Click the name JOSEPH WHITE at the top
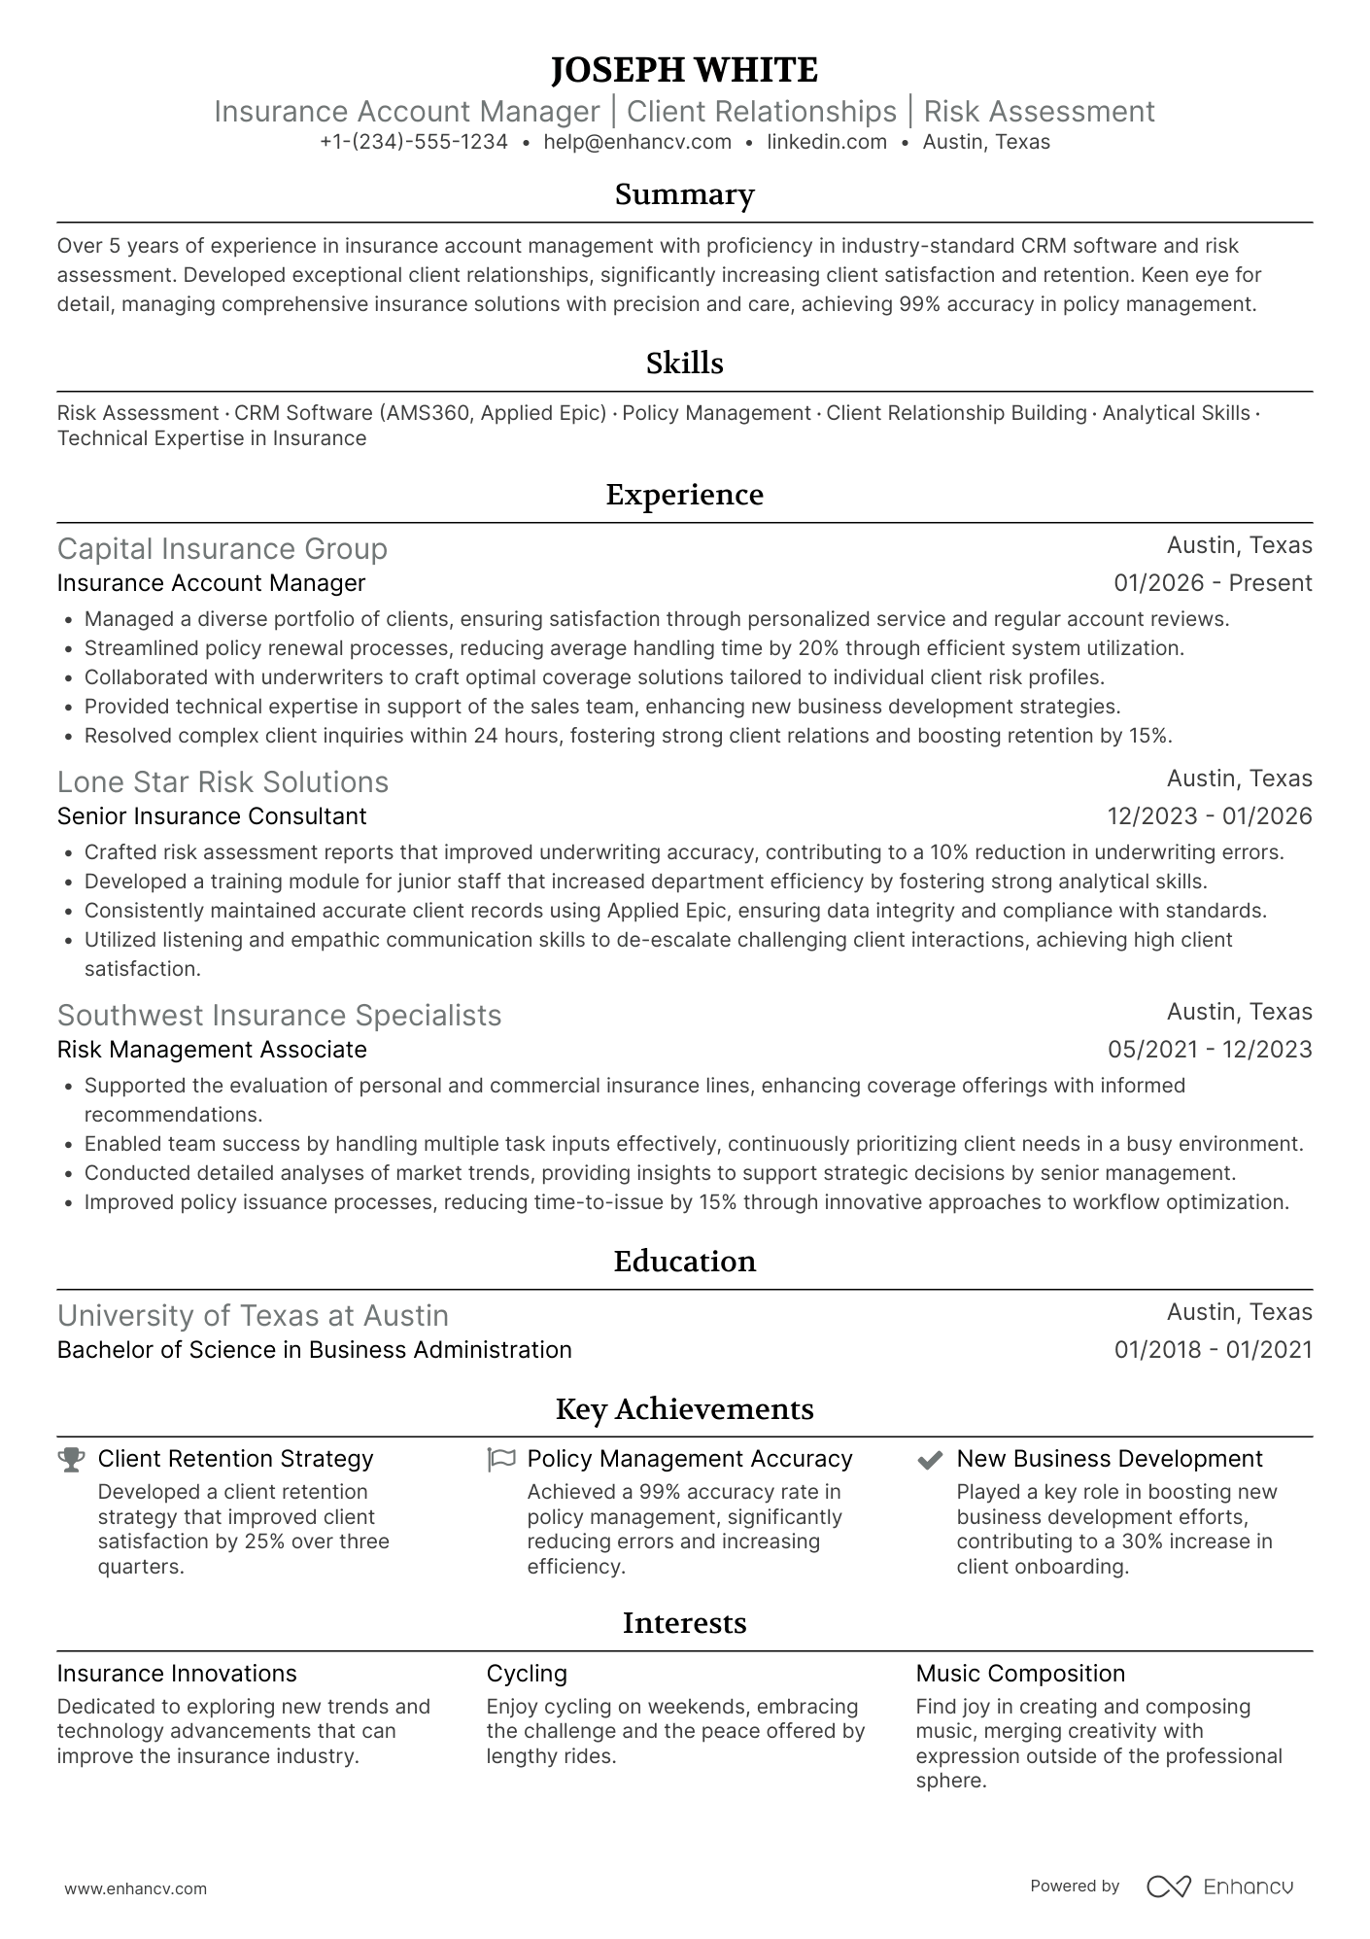coord(684,70)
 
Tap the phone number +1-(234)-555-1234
coord(414,142)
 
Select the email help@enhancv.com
coord(637,142)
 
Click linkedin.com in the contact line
coord(827,142)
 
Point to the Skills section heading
coord(684,364)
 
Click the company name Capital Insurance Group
coord(223,549)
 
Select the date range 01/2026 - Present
coord(1213,583)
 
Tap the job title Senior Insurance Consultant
coord(212,816)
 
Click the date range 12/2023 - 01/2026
coord(1209,816)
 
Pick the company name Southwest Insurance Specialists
coord(280,1016)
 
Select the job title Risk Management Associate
coord(212,1050)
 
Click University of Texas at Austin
coord(253,1316)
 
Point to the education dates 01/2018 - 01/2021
coord(1213,1350)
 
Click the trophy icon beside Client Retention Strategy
coord(71,1460)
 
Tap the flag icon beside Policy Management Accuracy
coord(500,1460)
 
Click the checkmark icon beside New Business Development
coord(930,1460)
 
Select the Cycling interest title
coord(527,1674)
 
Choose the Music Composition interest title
coord(1020,1674)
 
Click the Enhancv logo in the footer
coord(1219,1887)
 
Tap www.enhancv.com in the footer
coord(136,1889)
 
